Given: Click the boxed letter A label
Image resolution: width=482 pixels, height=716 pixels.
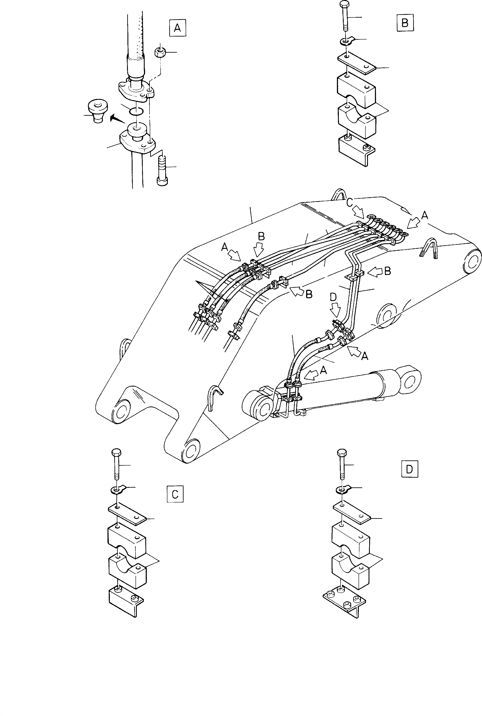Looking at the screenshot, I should tap(177, 28).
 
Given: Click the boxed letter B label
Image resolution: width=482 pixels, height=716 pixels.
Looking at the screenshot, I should tap(405, 23).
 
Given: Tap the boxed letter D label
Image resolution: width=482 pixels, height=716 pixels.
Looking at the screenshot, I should tap(409, 469).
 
